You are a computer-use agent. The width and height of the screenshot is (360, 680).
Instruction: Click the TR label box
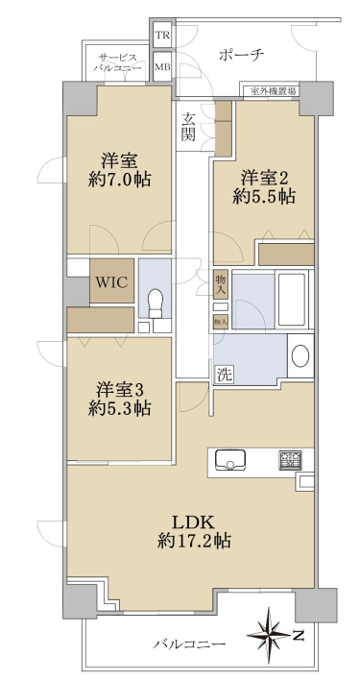tap(163, 36)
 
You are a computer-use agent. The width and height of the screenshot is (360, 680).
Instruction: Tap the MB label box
tap(163, 67)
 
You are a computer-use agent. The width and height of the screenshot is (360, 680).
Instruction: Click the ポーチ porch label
tap(242, 56)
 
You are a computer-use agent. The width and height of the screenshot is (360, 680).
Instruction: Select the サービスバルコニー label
tap(117, 62)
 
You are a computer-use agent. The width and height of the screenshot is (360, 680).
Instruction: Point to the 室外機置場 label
tap(271, 91)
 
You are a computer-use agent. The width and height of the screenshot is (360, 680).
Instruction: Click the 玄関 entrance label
tap(188, 126)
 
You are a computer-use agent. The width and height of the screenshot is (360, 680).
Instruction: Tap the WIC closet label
tap(111, 282)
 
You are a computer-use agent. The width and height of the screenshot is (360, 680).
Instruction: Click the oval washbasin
tap(300, 356)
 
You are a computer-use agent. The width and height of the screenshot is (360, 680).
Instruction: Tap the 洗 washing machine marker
tap(225, 375)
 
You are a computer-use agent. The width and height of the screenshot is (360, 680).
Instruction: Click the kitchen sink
tap(229, 460)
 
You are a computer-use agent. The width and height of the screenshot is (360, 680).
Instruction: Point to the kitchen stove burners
tap(291, 461)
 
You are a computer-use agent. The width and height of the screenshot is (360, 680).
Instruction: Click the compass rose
tap(269, 636)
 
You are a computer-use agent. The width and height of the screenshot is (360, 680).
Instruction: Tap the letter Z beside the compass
tap(298, 636)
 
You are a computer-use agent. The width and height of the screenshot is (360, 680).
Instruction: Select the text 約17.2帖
tap(194, 541)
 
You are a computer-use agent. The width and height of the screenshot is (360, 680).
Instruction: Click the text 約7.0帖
tap(120, 180)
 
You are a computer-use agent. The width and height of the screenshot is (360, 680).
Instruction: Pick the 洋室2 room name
tap(265, 178)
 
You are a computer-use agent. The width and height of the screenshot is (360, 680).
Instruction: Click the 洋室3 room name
tap(120, 389)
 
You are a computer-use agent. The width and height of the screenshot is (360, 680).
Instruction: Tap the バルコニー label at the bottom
tap(190, 644)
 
